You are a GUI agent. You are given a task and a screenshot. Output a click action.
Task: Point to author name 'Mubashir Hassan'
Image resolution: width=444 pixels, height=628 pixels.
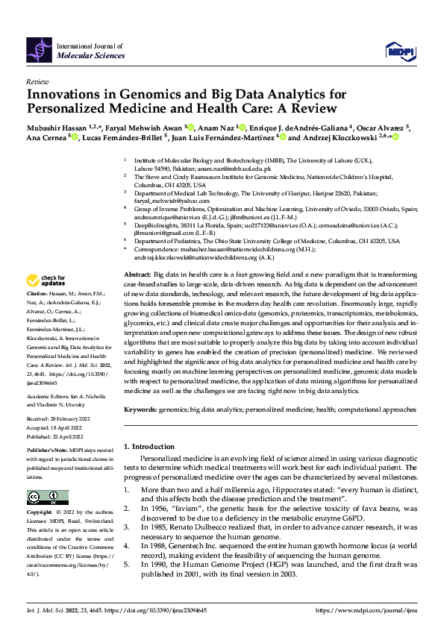coord(54,127)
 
